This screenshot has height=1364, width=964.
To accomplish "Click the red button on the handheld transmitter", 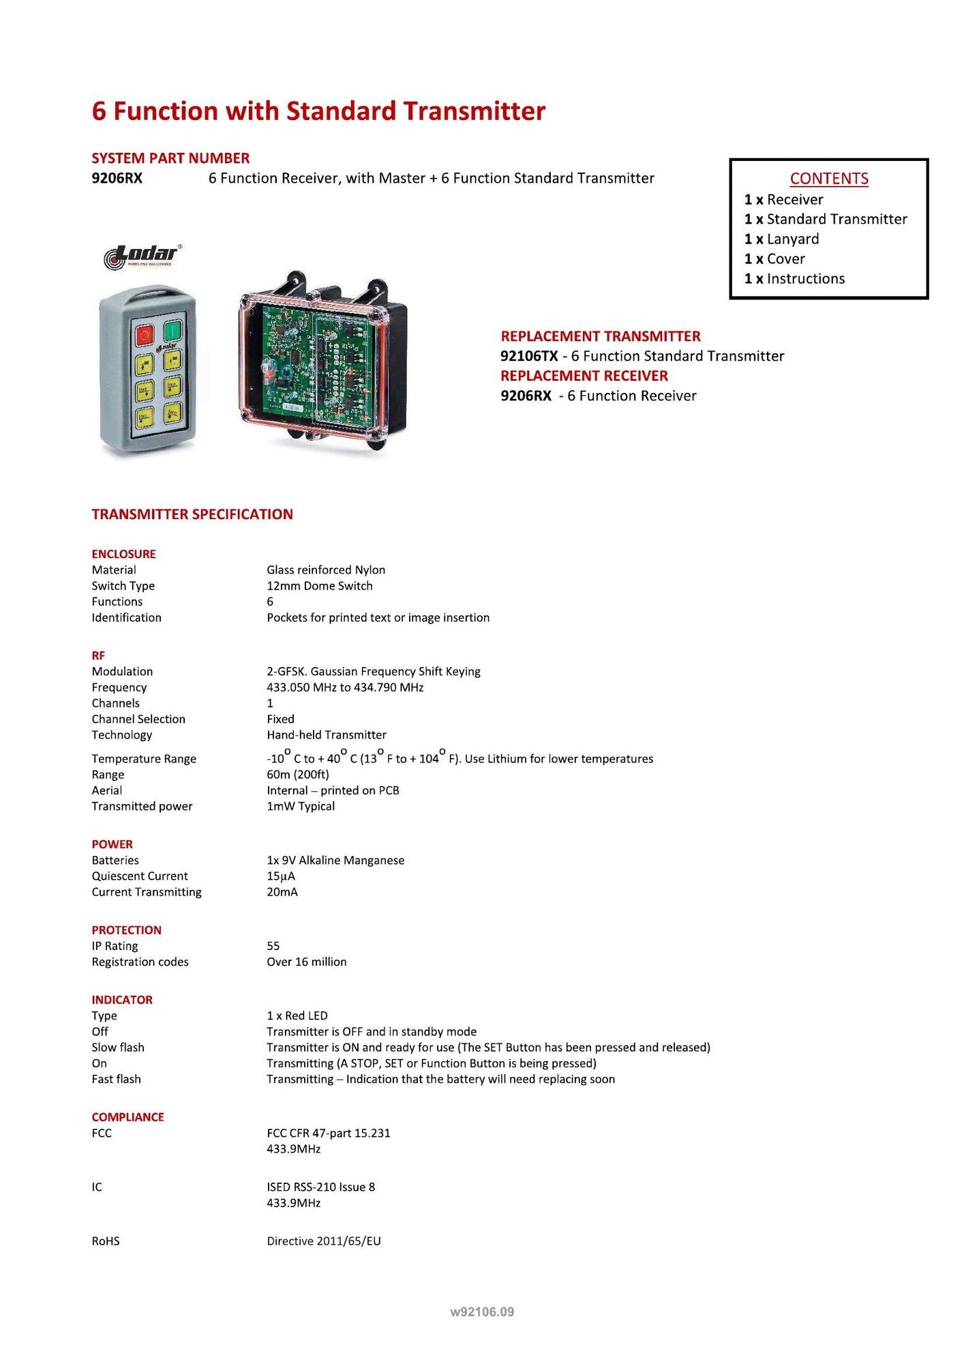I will (x=144, y=335).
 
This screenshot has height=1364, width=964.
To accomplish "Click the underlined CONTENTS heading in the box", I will (x=828, y=179).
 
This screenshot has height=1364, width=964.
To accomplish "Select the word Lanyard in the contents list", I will (x=792, y=239).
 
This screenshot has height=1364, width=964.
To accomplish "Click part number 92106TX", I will (x=529, y=356).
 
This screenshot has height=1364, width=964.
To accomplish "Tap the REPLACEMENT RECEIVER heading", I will (x=584, y=376).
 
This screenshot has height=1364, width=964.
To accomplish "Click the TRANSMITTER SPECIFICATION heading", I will (x=192, y=514).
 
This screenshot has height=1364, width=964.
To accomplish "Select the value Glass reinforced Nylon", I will (x=326, y=570).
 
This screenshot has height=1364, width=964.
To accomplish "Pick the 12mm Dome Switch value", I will (x=320, y=586).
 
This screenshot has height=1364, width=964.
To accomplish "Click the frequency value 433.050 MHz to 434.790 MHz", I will (x=345, y=687).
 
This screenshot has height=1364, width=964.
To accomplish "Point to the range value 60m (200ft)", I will (x=298, y=775).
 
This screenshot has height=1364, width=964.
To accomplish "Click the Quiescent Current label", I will (x=140, y=876).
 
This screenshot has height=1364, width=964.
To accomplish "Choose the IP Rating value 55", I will (x=273, y=946).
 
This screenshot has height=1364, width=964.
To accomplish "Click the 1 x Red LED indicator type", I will (x=297, y=1016).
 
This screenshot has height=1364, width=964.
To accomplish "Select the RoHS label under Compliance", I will (x=106, y=1241).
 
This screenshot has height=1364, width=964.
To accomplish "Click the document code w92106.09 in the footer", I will (x=482, y=1311).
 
